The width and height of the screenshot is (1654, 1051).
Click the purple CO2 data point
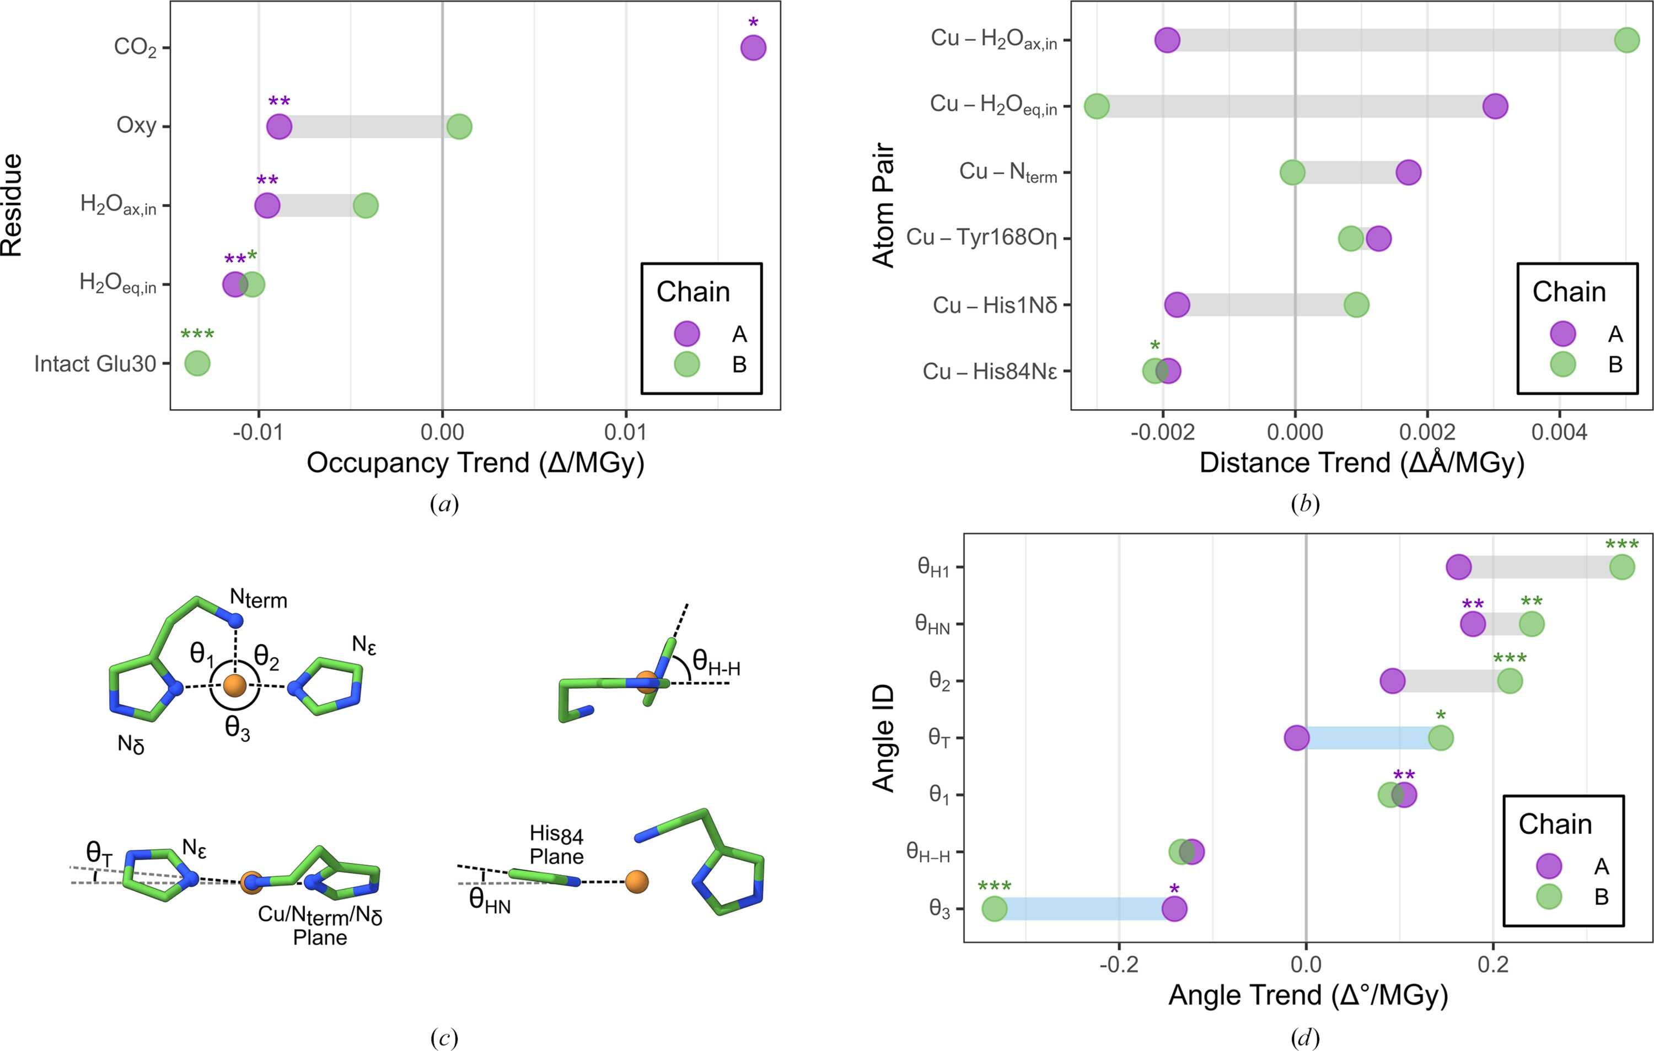754,48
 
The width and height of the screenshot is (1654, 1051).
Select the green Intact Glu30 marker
197,363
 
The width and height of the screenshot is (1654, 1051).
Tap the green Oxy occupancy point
459,126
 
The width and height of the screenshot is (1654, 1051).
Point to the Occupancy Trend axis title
475,463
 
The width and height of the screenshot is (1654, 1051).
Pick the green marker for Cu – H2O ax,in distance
1626,40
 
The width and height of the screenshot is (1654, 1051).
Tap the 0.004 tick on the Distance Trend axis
1559,433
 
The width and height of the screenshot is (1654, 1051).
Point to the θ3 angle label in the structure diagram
238,729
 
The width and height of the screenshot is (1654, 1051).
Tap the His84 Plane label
556,845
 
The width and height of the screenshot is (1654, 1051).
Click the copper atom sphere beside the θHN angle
637,881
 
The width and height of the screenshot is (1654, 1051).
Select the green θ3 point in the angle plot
994,909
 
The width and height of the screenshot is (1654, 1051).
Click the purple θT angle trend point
1296,738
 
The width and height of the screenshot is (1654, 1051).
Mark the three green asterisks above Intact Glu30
197,335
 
